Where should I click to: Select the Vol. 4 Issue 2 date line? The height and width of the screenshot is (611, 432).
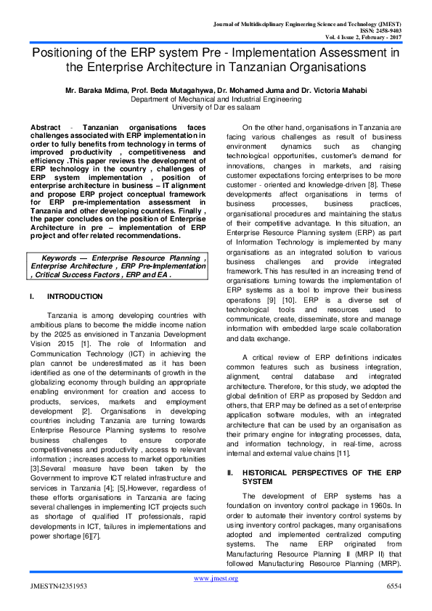pyautogui.click(x=371, y=37)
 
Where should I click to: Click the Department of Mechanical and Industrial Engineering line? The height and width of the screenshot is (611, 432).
pyautogui.click(x=216, y=99)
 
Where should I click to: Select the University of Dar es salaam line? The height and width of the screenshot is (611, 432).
pyautogui.click(x=216, y=107)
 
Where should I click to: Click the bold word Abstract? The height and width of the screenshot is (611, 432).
pyautogui.click(x=45, y=127)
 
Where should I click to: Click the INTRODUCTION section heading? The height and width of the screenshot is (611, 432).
pyautogui.click(x=75, y=298)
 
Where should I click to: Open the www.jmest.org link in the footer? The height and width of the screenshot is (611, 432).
pyautogui.click(x=216, y=598)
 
